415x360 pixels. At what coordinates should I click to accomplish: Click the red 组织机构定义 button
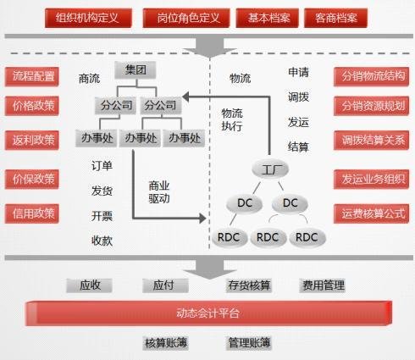coord(88,18)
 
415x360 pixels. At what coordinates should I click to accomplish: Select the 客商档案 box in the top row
coord(335,18)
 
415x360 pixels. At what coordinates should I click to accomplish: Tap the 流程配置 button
coord(32,76)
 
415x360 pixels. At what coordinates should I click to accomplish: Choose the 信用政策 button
coord(32,213)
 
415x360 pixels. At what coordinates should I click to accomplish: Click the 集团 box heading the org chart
coord(136,70)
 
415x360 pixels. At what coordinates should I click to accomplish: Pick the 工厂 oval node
coord(270,169)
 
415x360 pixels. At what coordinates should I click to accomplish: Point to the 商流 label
coord(89,79)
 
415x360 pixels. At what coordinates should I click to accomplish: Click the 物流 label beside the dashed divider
coord(240,78)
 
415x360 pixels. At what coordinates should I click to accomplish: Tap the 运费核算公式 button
coord(371,213)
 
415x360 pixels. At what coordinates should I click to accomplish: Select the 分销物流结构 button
coord(371,76)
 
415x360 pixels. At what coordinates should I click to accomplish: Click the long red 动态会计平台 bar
coord(208,313)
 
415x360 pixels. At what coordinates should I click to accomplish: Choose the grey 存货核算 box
coord(249,285)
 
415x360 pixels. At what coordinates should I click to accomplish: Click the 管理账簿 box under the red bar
coord(249,343)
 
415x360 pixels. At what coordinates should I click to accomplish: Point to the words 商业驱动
coord(159,192)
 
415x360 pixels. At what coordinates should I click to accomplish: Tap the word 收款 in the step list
coord(102,241)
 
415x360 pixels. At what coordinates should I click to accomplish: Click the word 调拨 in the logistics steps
coord(298,97)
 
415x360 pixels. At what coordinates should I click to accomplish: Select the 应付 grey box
coord(165,285)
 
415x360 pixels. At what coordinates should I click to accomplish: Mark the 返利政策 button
coord(32,140)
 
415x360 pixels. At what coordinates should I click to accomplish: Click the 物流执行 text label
coord(232,119)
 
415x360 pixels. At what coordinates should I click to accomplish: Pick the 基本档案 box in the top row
coord(267,18)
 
